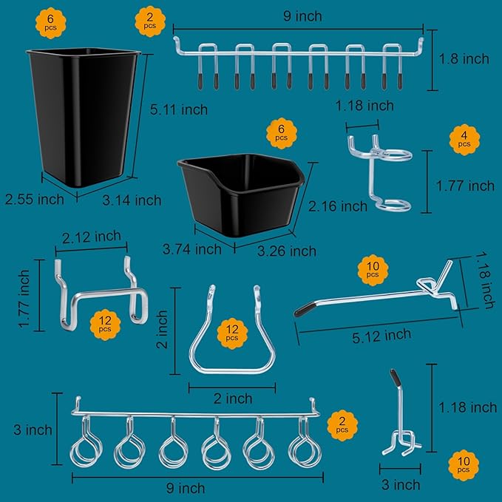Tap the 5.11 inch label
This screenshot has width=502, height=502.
coord(179,109)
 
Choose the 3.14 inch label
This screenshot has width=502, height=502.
coord(132,200)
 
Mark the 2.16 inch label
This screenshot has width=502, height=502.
coord(339,206)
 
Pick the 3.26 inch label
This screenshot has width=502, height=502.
coord(287,251)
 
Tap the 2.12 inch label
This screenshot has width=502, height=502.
coord(92,237)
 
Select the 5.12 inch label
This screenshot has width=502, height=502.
coord(381,335)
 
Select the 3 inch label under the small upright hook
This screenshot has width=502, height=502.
coord(400,484)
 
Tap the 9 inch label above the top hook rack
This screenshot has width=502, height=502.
coord(303,16)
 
